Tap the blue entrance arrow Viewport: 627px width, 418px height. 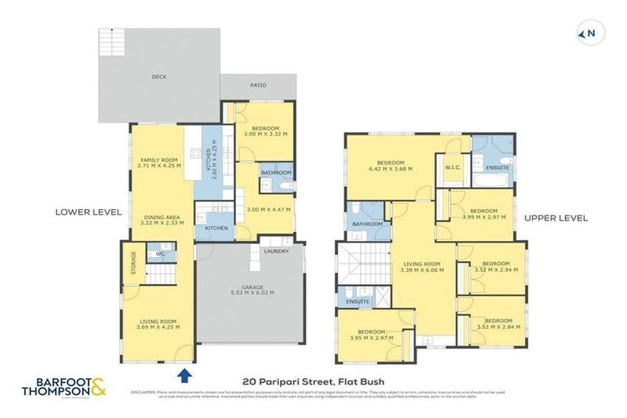185,375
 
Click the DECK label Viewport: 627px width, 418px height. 158,78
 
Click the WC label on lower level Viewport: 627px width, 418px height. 161,255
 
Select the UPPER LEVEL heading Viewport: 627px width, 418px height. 556,218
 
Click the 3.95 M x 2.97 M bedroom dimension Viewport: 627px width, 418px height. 371,337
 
